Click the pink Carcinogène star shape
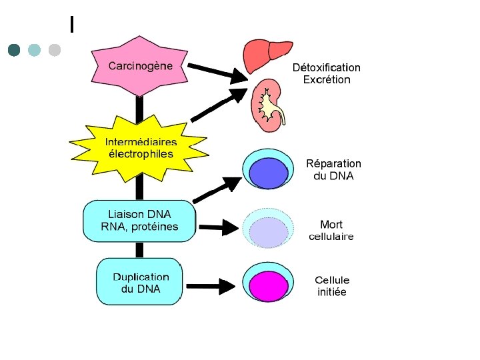pyautogui.click(x=139, y=66)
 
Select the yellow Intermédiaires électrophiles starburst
pyautogui.click(x=139, y=148)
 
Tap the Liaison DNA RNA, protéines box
pyautogui.click(x=139, y=221)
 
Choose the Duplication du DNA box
pyautogui.click(x=139, y=281)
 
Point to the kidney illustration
pyautogui.click(x=267, y=105)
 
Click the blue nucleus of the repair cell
pyautogui.click(x=269, y=173)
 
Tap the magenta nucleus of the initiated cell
pyautogui.click(x=269, y=286)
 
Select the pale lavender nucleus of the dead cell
pyautogui.click(x=269, y=233)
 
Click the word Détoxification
pyautogui.click(x=326, y=67)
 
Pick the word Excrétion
pyautogui.click(x=327, y=79)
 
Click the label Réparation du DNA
pyautogui.click(x=333, y=169)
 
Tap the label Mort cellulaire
pyautogui.click(x=331, y=230)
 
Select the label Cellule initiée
pyautogui.click(x=332, y=285)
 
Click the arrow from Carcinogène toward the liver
pyautogui.click(x=217, y=73)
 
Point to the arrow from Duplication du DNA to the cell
pyautogui.click(x=211, y=287)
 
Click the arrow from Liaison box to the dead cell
pyautogui.click(x=219, y=227)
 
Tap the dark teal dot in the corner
pyautogui.click(x=14, y=50)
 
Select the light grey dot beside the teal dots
pyautogui.click(x=55, y=50)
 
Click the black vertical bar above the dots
pyautogui.click(x=72, y=24)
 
